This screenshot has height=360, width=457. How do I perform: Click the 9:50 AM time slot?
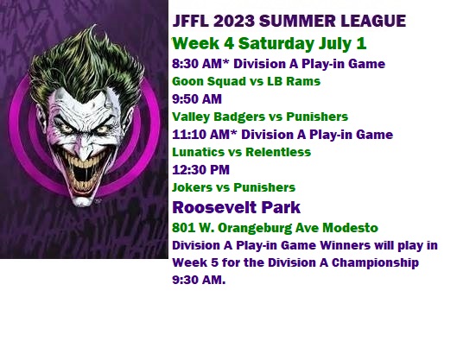coord(197,99)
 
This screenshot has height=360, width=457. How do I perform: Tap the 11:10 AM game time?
coord(201,135)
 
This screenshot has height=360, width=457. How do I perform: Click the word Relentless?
coord(278,152)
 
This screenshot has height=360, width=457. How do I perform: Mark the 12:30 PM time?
coord(200,170)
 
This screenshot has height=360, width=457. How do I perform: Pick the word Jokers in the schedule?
coord(192,187)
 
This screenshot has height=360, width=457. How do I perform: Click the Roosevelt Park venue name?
coord(237,207)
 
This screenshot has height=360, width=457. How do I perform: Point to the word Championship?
coord(375,262)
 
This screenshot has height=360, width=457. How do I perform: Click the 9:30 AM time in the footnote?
coord(199,280)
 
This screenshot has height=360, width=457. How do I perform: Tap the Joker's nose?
coord(83,150)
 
